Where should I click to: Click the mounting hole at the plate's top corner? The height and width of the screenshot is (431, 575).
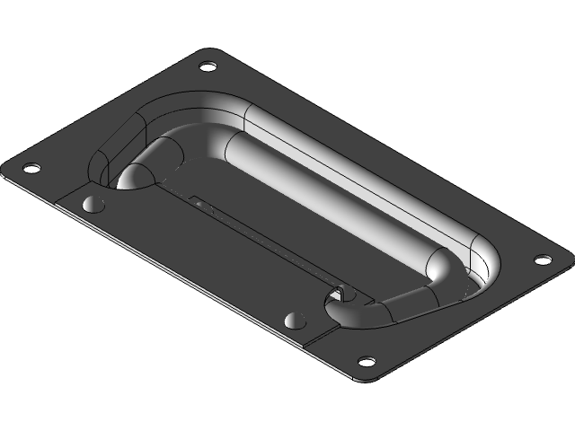[x=208, y=66]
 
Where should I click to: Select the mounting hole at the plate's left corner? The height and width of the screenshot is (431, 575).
[x=31, y=168]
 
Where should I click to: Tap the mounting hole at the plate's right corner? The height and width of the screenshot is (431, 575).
[x=542, y=259]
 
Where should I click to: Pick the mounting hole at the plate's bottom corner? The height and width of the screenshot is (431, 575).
[x=366, y=362]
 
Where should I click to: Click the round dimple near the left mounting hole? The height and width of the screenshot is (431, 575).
[x=93, y=204]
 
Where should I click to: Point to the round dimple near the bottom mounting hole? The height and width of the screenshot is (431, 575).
[x=294, y=321]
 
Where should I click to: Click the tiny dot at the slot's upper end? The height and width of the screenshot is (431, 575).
[x=199, y=202]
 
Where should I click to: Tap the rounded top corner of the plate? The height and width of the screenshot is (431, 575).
[x=210, y=51]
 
